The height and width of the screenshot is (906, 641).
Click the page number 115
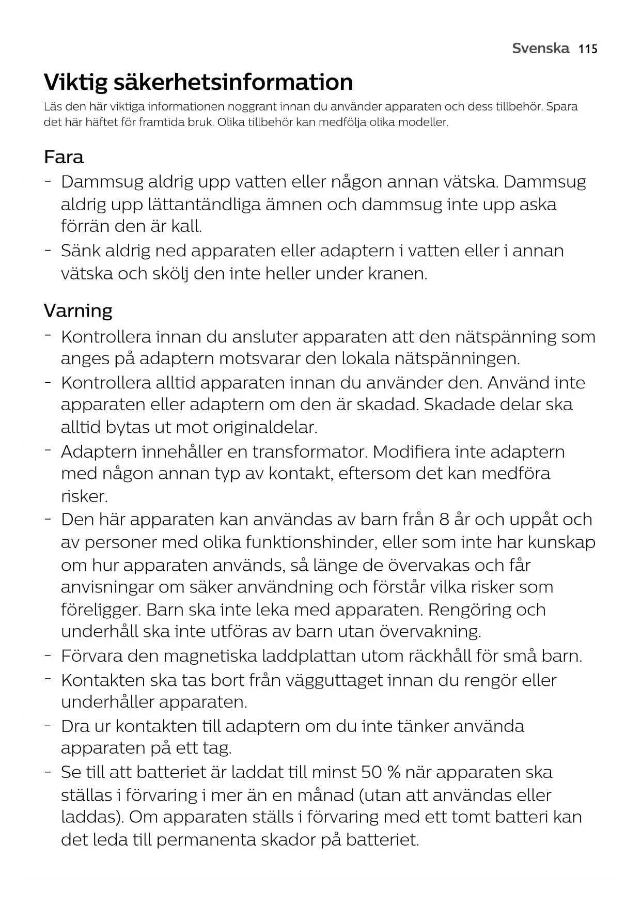588,49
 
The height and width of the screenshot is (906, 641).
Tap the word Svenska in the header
540,49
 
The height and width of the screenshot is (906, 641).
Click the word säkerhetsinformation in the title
233,82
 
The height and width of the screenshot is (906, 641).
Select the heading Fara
64,157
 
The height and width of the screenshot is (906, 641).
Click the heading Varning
78,311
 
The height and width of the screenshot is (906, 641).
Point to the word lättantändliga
204,205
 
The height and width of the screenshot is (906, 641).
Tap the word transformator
309,452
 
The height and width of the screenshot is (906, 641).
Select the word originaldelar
266,428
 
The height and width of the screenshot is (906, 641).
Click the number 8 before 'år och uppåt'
444,520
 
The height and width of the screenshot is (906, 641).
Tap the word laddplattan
308,657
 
